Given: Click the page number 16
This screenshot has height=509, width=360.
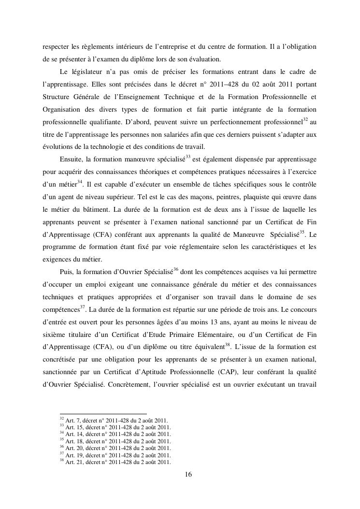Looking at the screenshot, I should point(188,475).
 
